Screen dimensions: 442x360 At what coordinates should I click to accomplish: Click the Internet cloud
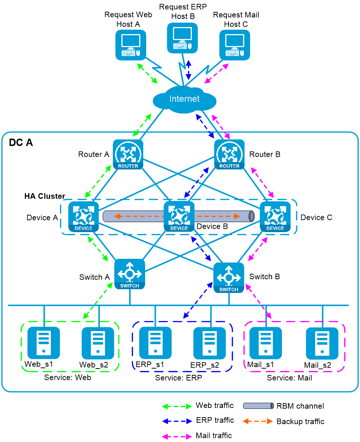184,99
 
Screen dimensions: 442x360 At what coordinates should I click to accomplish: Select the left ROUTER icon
128,154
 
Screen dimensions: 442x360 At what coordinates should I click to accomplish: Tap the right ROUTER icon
229,154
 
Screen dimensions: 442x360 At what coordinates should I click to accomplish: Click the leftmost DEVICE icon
84,217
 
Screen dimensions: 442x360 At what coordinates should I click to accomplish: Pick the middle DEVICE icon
179,217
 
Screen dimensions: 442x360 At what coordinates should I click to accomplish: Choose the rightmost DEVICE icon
275,217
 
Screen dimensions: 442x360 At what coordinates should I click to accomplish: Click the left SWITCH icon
130,274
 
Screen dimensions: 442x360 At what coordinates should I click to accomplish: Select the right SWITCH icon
229,277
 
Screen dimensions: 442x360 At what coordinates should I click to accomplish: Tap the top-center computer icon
182,38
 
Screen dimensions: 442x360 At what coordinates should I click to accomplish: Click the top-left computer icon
131,45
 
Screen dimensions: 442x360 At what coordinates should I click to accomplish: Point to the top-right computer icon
235,45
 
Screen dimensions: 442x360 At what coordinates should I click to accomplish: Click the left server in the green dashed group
44,343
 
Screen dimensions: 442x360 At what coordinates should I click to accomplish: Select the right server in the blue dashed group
210,343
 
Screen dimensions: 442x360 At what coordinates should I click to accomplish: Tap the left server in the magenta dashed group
266,343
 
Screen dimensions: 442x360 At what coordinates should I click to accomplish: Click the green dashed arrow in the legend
177,406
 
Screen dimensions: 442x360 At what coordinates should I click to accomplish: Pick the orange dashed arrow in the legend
258,421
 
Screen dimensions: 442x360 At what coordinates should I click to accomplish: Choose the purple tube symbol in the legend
258,406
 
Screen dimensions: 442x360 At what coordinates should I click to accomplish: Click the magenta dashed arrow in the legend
177,436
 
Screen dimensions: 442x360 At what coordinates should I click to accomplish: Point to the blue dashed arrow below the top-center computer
189,70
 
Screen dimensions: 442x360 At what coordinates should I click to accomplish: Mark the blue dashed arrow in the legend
177,421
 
